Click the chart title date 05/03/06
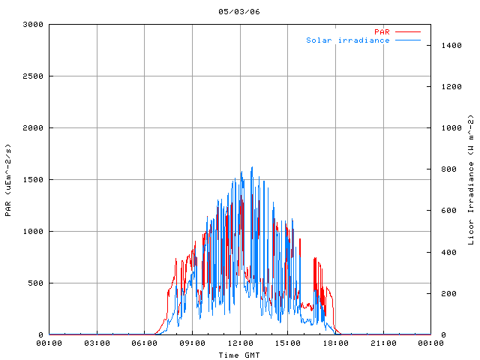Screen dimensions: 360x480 click(240, 12)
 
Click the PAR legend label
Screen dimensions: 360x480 click(382, 31)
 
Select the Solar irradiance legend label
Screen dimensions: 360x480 click(348, 40)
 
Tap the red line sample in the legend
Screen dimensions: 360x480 click(408, 31)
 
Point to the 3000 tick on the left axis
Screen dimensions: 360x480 click(33, 24)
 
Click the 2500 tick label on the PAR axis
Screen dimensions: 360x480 click(33, 76)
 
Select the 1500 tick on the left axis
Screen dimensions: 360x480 click(33, 179)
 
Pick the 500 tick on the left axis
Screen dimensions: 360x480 click(35, 283)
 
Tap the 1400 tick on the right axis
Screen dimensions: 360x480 click(447, 45)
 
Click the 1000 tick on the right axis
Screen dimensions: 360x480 click(447, 127)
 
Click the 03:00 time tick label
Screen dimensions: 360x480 click(97, 343)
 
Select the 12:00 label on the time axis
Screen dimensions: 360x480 click(240, 343)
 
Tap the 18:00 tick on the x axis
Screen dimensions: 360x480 click(335, 343)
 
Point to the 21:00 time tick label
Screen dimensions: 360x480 click(383, 343)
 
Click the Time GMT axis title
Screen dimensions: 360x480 click(240, 355)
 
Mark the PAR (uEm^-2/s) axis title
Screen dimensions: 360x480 click(8, 179)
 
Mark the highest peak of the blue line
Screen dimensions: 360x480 click(252, 167)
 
